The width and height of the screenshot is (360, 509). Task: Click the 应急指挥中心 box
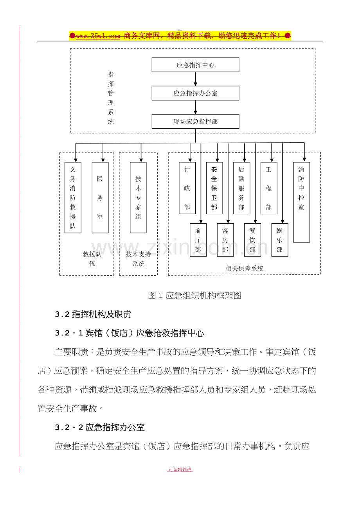(x=195, y=65)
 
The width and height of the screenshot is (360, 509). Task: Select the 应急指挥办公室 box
(x=195, y=93)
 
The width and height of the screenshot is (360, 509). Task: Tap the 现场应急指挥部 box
(x=195, y=121)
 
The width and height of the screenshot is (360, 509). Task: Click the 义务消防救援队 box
(x=73, y=197)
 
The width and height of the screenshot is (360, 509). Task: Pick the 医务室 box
(x=100, y=197)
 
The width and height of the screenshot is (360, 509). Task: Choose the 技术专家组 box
(x=138, y=197)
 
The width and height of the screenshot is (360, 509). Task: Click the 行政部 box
(x=187, y=188)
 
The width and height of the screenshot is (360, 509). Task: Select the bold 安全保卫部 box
(x=214, y=188)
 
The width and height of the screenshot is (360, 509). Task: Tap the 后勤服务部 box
(x=241, y=188)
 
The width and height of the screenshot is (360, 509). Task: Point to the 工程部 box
(x=269, y=188)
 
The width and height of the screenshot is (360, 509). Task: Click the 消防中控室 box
(x=301, y=202)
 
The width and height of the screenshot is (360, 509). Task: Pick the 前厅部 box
(x=198, y=240)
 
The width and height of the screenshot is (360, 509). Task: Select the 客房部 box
(x=225, y=240)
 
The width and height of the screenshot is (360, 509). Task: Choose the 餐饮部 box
(x=252, y=240)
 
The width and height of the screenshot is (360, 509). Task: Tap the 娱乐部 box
(x=280, y=240)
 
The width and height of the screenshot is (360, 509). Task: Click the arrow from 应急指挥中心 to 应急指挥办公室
(x=195, y=79)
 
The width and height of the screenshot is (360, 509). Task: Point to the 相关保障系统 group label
(x=245, y=268)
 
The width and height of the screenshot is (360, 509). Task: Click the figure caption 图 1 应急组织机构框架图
(x=194, y=296)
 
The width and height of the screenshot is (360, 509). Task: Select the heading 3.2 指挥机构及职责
(x=93, y=314)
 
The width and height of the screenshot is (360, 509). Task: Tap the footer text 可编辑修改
(x=180, y=470)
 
